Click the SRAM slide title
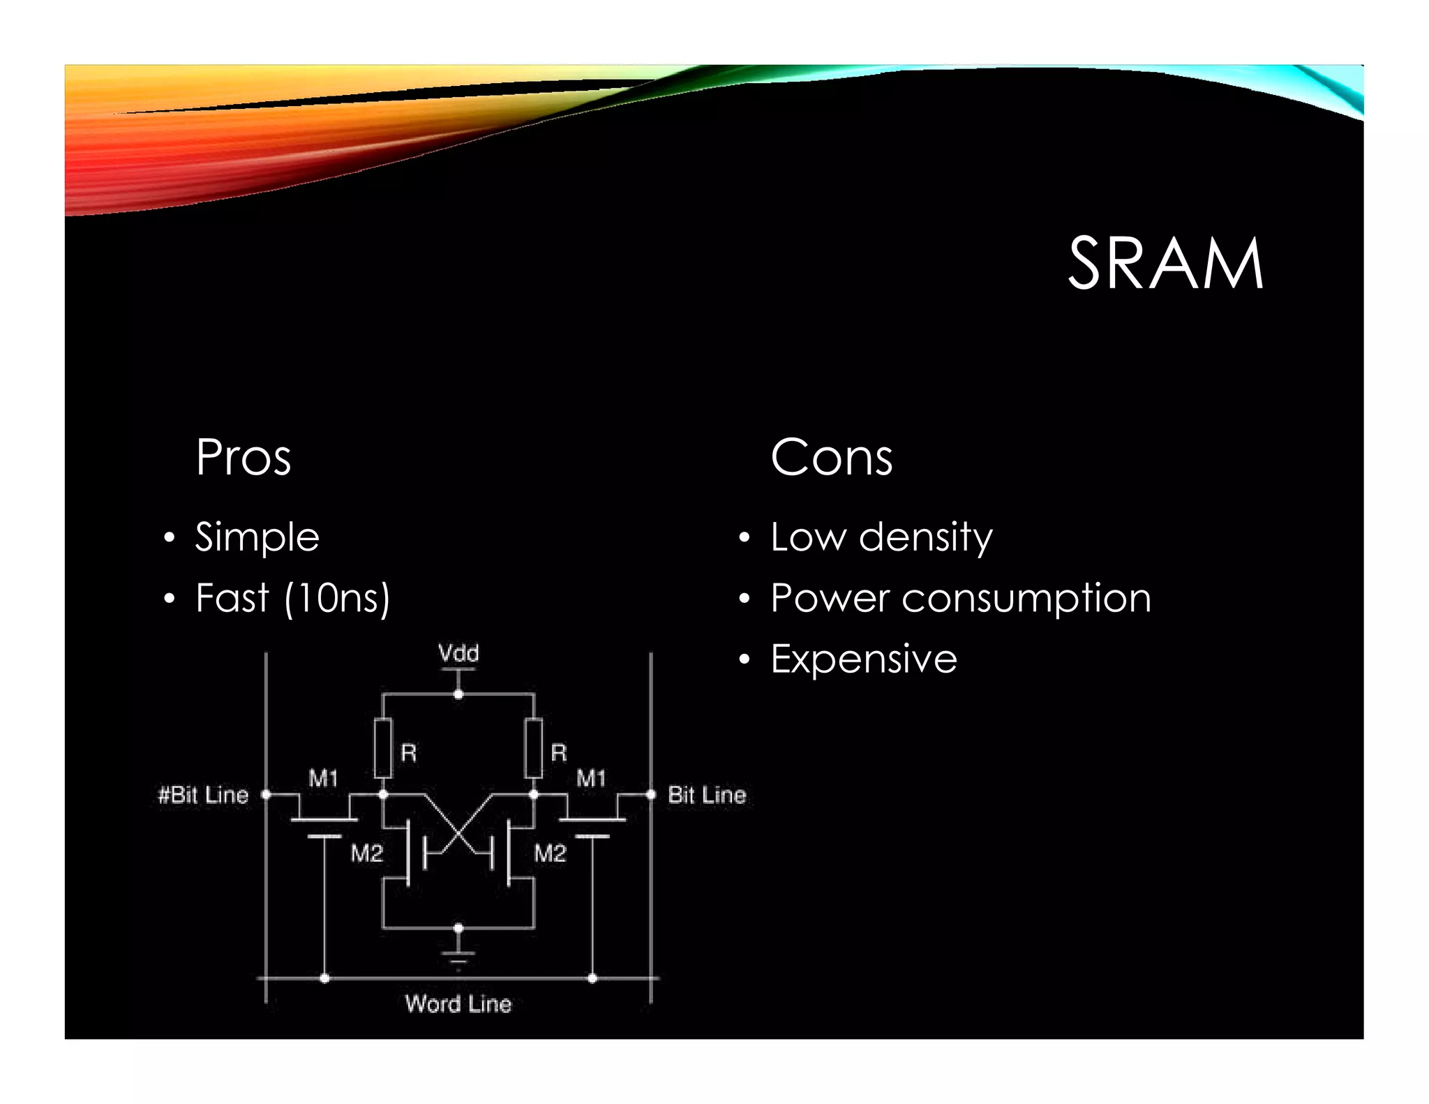click(x=1165, y=264)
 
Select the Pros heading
click(x=243, y=458)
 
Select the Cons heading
click(x=831, y=458)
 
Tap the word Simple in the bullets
click(x=257, y=537)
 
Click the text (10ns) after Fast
click(x=338, y=599)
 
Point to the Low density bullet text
click(x=881, y=537)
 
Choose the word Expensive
click(x=864, y=659)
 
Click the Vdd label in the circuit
click(x=458, y=653)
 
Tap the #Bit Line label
click(x=203, y=795)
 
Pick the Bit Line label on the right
click(x=707, y=795)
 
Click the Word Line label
click(x=458, y=1004)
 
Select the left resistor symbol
click(x=382, y=748)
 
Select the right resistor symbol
click(x=534, y=748)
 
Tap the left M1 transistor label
click(x=323, y=777)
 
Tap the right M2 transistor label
click(x=550, y=853)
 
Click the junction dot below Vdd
click(x=458, y=694)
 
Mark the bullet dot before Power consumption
click(x=745, y=599)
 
